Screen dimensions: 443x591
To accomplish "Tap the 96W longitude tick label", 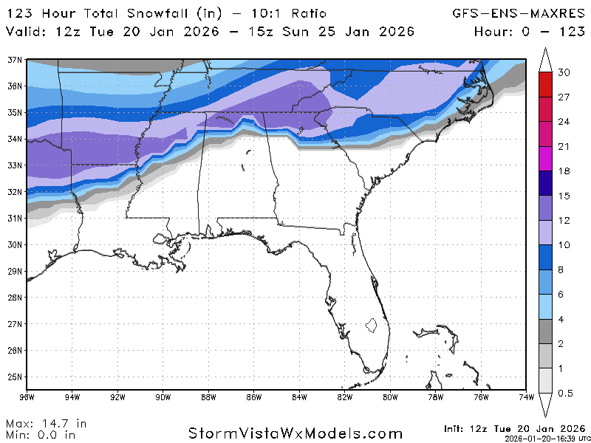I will (x=27, y=398).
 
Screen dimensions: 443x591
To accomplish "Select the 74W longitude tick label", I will (x=527, y=398).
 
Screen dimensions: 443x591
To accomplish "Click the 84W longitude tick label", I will (x=299, y=398).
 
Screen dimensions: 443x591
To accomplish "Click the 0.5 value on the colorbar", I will (x=565, y=393).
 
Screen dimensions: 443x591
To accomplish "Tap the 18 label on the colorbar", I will (x=564, y=171).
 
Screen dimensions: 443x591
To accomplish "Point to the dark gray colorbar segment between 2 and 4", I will (x=545, y=332).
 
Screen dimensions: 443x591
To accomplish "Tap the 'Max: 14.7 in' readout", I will (x=46, y=424).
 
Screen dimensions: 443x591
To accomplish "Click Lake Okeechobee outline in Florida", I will (x=372, y=324).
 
